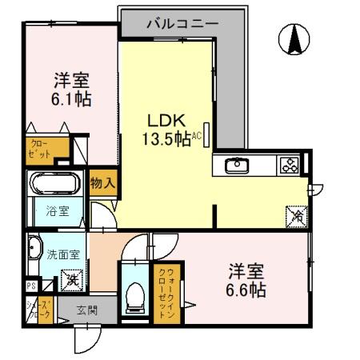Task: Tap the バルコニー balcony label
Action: [182, 24]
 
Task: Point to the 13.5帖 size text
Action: [166, 138]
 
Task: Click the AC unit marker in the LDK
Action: [206, 135]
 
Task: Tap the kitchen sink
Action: [238, 166]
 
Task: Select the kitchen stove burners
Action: [288, 166]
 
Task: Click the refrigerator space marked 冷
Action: [296, 214]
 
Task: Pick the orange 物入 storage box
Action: [103, 184]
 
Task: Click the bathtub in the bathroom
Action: [55, 185]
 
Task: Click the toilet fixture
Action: [134, 294]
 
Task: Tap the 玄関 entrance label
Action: [87, 310]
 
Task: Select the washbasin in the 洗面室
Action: [34, 250]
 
